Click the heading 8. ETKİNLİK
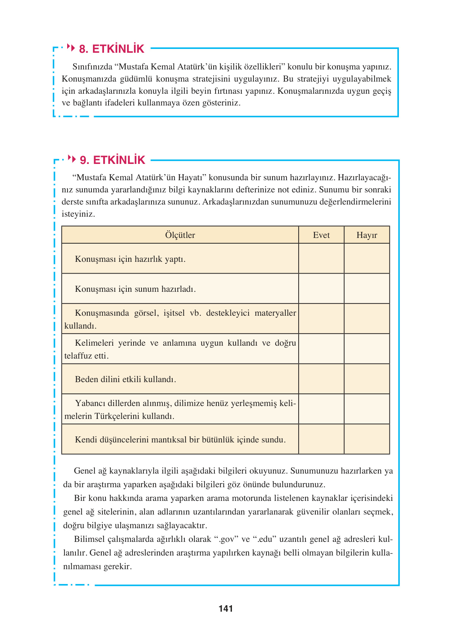(x=111, y=49)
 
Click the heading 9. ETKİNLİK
(x=112, y=160)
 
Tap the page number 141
(x=226, y=609)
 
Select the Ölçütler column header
(x=180, y=235)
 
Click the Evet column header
(x=321, y=235)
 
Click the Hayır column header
(x=367, y=235)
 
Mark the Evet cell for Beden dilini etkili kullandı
(x=321, y=379)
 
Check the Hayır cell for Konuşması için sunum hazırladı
(x=367, y=289)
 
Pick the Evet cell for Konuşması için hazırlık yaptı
(x=321, y=259)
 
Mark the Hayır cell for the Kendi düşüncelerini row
(x=367, y=439)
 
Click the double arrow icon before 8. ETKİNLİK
(x=71, y=47)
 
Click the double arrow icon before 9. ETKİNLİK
(x=72, y=159)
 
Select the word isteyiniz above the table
(x=78, y=214)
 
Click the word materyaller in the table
(x=275, y=313)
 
